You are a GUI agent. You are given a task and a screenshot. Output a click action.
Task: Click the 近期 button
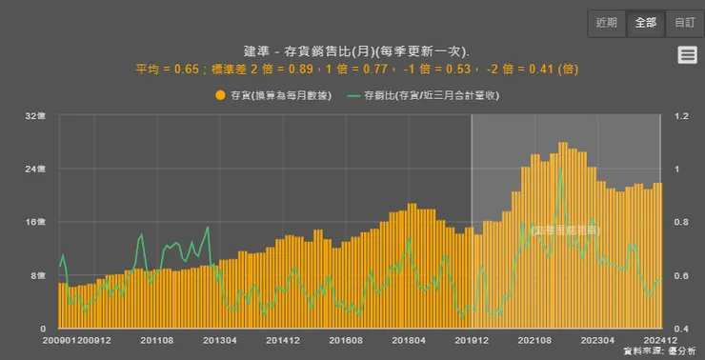(607, 22)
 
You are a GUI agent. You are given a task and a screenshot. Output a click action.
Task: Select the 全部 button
(645, 22)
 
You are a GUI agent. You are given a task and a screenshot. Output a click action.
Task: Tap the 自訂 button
(684, 22)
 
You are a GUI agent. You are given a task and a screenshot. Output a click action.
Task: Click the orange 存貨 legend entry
(272, 95)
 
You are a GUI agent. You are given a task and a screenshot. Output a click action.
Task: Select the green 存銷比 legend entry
(423, 95)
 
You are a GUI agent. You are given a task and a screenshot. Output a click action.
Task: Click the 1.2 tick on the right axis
(681, 116)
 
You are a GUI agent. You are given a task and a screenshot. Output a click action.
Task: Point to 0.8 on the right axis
(681, 222)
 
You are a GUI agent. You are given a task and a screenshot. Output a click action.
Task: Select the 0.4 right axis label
(681, 329)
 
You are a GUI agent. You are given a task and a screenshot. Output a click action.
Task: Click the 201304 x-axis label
(219, 339)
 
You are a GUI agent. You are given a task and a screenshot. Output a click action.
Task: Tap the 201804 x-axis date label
(408, 339)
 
